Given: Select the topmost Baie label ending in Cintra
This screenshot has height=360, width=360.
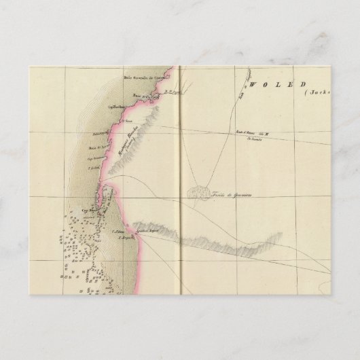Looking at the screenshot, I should (x=141, y=77).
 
